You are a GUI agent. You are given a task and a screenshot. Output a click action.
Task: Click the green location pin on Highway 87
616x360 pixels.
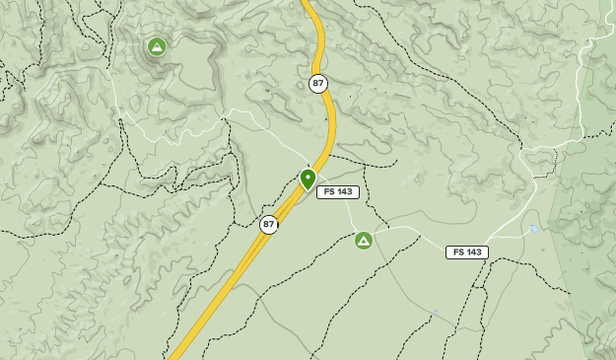[x=308, y=179]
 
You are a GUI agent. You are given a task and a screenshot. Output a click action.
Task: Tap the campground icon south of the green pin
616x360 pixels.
[x=363, y=240]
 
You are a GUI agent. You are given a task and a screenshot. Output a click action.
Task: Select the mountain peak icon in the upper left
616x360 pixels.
[x=156, y=46]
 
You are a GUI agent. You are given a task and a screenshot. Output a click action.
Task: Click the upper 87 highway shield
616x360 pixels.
[x=317, y=84]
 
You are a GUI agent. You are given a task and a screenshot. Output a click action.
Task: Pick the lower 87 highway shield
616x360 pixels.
[x=268, y=225]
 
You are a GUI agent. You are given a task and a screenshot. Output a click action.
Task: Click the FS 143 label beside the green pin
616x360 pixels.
[x=338, y=192]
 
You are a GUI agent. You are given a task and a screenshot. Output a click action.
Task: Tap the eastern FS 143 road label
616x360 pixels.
[x=466, y=252]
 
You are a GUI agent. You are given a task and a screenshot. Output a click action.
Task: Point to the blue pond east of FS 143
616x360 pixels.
[x=533, y=229]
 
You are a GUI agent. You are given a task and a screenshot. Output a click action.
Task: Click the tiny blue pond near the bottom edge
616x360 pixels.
[x=435, y=314]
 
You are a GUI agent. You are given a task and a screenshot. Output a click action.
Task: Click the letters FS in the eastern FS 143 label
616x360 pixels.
[x=457, y=252]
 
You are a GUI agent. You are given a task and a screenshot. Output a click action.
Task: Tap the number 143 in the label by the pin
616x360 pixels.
[x=344, y=192]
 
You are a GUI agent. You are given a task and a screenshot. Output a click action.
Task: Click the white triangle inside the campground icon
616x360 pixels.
[x=363, y=240]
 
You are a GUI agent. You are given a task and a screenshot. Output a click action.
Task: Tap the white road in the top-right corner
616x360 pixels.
[x=597, y=59]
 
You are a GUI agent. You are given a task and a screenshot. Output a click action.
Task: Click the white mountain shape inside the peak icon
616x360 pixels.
[x=156, y=46]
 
